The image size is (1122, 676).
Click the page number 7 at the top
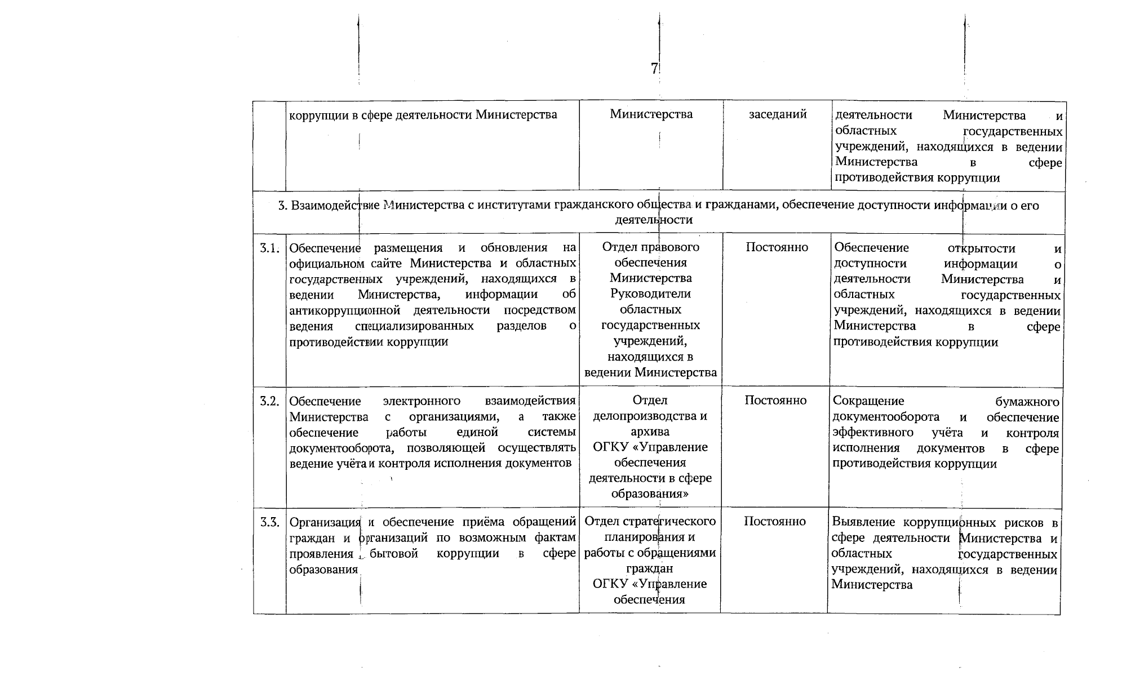654,69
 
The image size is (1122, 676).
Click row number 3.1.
269,248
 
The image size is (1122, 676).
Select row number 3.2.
269,401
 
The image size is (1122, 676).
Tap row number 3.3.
269,522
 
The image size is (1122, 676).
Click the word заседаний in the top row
778,114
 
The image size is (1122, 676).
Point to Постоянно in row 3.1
777,247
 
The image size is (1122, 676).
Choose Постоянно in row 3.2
775,401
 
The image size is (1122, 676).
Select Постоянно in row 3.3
774,522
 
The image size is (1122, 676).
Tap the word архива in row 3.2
650,432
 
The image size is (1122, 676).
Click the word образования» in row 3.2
650,493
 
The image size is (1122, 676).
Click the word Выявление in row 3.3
859,522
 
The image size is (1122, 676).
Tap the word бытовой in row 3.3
394,553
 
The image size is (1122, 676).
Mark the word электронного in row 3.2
421,401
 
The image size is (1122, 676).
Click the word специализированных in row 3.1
414,326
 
